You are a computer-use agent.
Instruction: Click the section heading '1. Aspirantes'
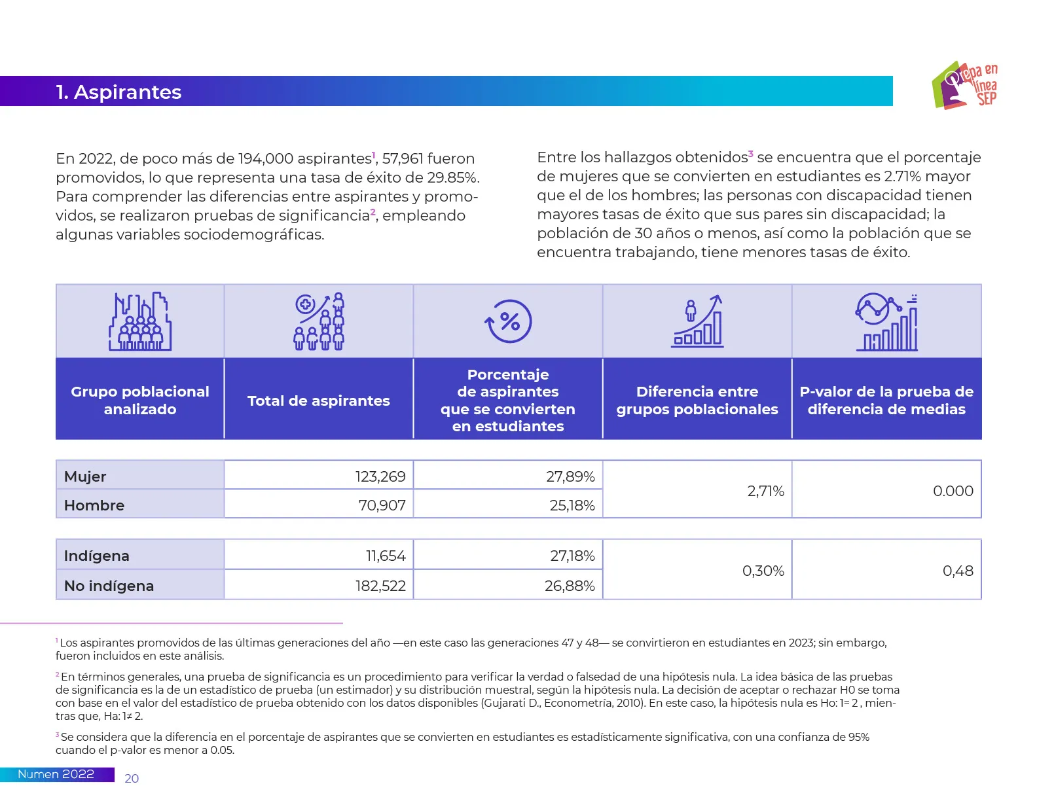118,92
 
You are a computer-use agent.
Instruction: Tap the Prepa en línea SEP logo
965,85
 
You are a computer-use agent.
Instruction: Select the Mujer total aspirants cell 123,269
380,476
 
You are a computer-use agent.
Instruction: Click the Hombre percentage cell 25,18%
572,505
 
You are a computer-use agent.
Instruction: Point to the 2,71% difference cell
765,491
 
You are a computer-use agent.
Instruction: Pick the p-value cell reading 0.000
953,491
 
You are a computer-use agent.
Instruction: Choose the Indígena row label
97,556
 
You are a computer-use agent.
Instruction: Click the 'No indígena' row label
109,586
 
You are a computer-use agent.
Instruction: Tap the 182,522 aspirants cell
380,586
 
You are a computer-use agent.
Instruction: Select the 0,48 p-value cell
957,571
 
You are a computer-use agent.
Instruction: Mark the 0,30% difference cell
763,571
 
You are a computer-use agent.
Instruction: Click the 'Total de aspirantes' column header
318,400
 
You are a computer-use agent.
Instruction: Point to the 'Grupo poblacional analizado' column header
140,400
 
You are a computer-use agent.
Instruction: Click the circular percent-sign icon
509,321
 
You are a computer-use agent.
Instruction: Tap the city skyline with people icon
140,321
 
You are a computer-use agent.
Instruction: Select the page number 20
132,778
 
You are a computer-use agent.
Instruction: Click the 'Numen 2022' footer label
56,774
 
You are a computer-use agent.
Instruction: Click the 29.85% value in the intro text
452,178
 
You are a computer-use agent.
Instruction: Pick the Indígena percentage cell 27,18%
572,556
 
